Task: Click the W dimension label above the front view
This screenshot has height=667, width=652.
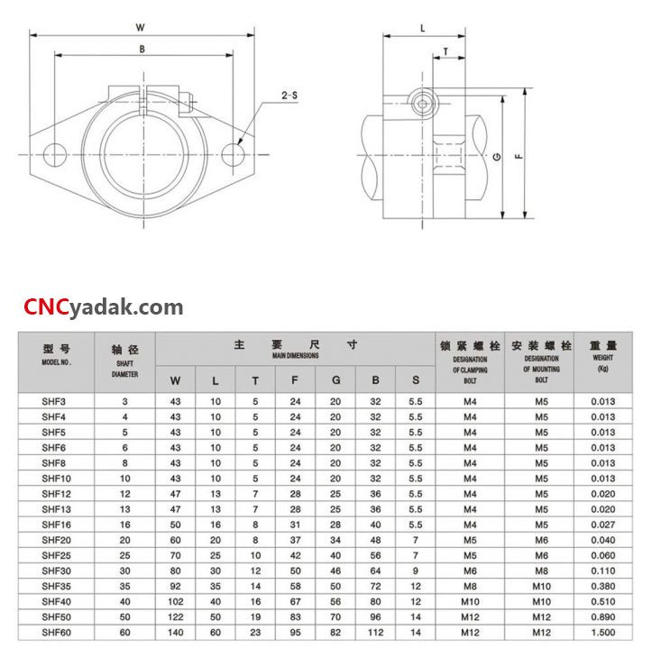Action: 140,28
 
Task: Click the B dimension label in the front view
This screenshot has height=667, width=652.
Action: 142,50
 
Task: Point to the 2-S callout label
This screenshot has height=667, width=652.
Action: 289,96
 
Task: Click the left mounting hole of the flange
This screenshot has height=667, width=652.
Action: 55,154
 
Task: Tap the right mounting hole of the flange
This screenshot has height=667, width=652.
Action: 233,154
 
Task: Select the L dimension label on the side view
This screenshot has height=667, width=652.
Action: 423,29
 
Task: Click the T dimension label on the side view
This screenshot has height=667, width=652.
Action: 445,52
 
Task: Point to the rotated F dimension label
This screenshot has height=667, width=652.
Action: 519,156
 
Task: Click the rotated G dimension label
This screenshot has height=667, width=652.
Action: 497,157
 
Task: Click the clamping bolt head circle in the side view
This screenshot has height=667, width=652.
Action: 422,104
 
